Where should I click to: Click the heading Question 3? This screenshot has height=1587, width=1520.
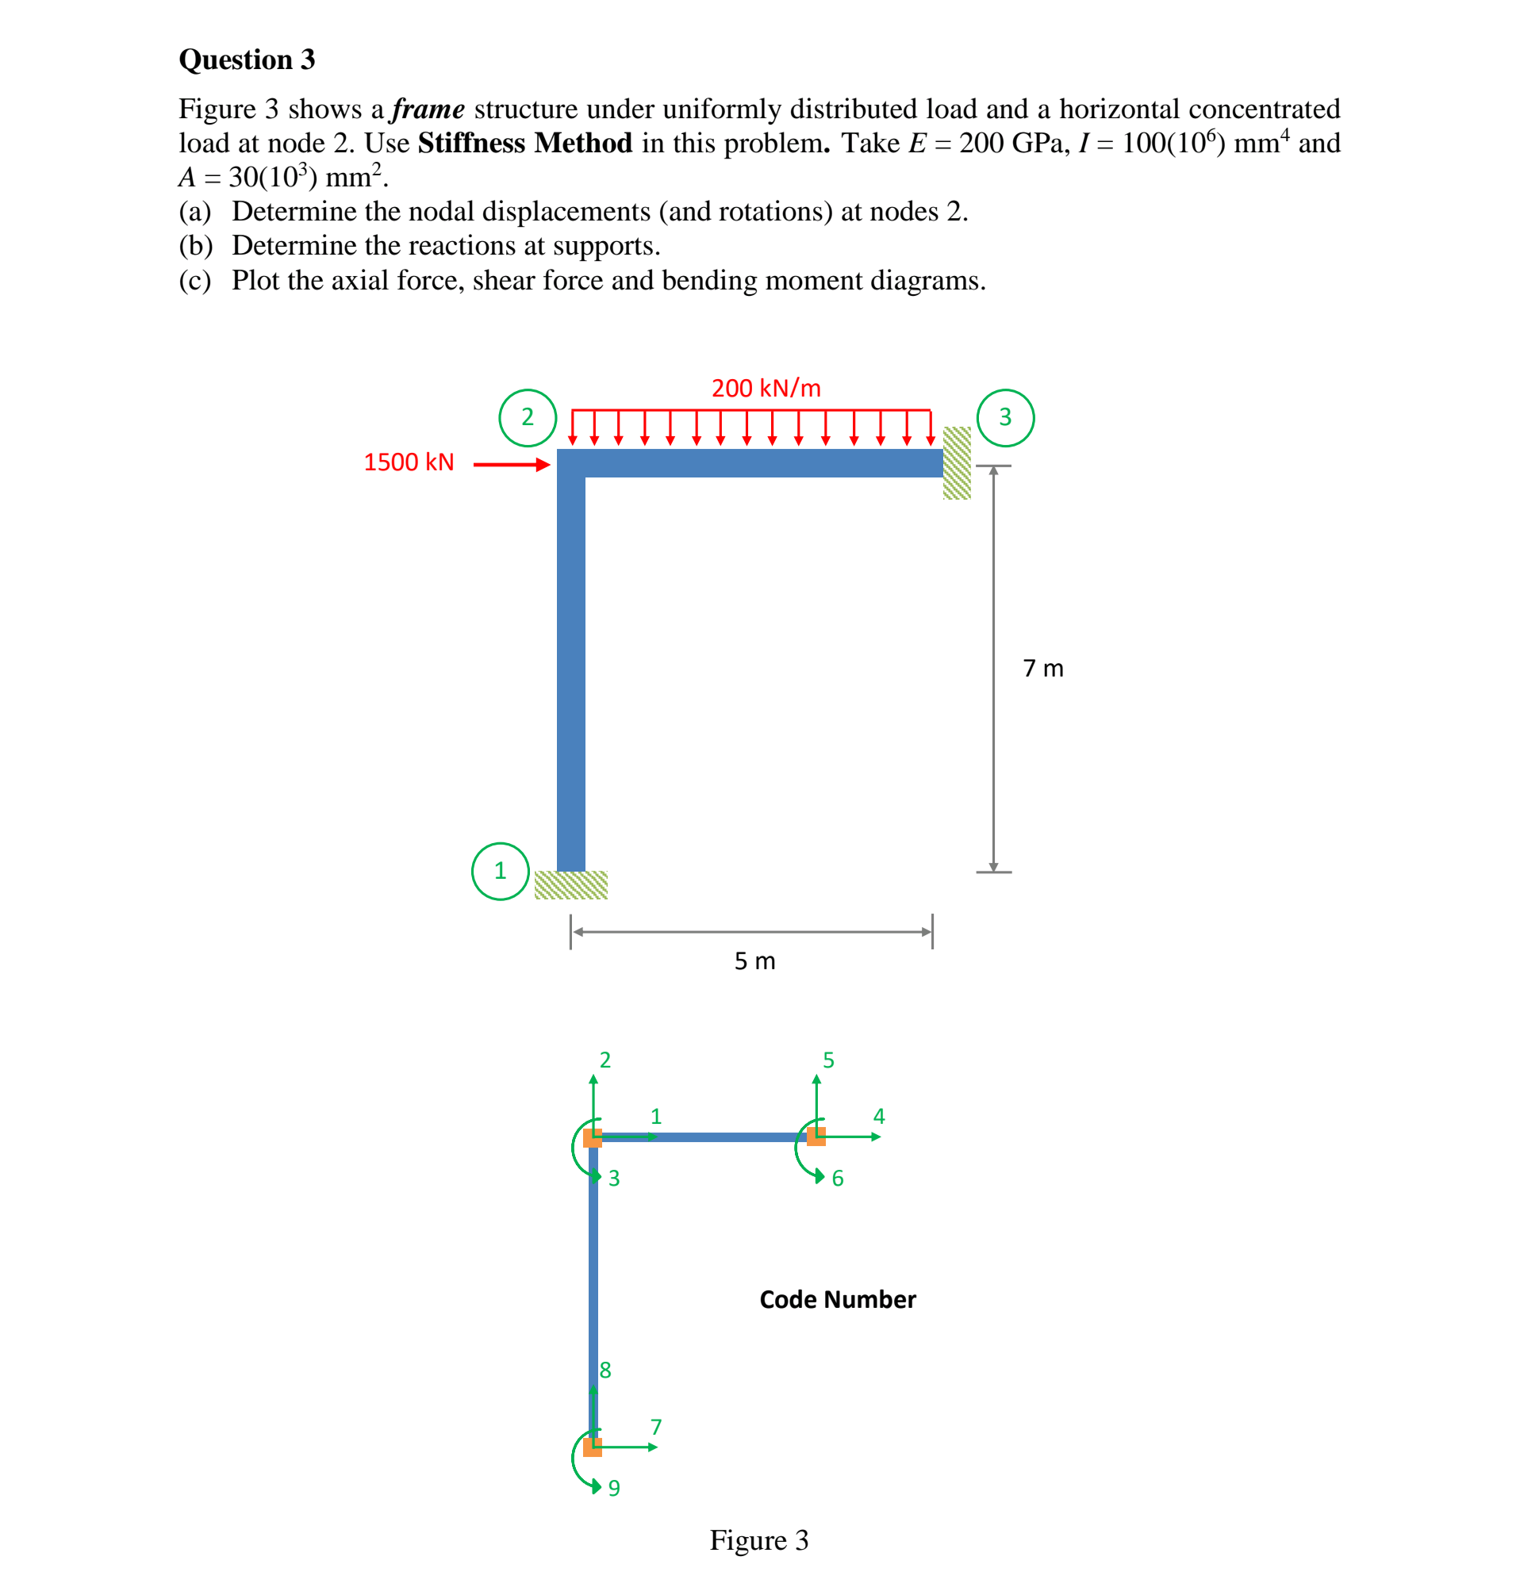[x=246, y=59]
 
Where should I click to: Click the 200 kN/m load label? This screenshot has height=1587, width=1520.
[x=766, y=388]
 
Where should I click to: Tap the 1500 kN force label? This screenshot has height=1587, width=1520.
[x=408, y=462]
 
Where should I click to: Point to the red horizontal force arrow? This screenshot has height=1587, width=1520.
[x=511, y=464]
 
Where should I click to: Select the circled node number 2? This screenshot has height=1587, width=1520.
[x=528, y=417]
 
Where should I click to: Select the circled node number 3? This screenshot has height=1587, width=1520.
[x=1004, y=417]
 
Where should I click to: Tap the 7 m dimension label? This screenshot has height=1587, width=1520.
[x=1042, y=668]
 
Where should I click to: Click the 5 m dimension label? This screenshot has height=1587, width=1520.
[x=754, y=960]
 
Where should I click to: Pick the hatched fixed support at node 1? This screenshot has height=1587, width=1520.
[x=570, y=884]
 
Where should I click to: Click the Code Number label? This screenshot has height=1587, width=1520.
[x=836, y=1299]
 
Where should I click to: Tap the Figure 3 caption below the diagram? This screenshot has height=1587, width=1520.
[x=758, y=1539]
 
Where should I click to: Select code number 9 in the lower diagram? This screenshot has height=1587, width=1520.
[x=614, y=1487]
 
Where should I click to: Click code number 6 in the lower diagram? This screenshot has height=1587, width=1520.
[x=837, y=1178]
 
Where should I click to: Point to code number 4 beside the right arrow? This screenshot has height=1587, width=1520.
[x=879, y=1116]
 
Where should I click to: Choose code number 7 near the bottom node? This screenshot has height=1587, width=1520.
[x=656, y=1426]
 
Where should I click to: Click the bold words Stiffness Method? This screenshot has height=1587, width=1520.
[x=524, y=143]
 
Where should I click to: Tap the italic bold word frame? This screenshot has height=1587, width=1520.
[x=428, y=109]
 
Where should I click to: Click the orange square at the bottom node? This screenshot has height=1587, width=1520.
[x=592, y=1447]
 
